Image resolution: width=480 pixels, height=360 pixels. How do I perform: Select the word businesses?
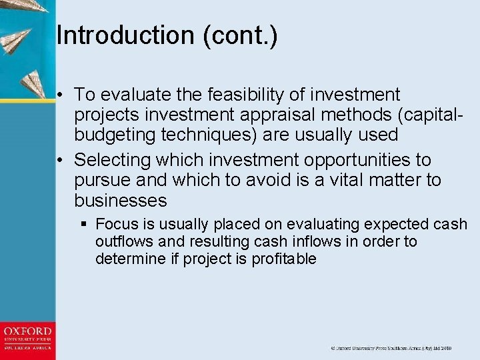[121, 201]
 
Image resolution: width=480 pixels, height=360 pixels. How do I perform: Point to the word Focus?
[117, 225]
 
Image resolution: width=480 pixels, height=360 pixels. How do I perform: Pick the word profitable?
[284, 259]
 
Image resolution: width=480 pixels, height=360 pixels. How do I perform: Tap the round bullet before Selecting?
[61, 161]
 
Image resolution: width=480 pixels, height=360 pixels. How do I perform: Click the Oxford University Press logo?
[27, 339]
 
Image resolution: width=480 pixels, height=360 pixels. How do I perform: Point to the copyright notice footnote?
[391, 349]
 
